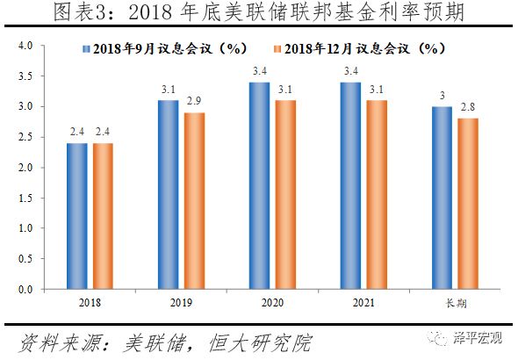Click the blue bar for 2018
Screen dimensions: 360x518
(76, 216)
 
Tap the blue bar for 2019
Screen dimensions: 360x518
(169, 195)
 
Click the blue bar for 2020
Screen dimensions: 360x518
(260, 185)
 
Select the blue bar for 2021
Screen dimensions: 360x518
(351, 185)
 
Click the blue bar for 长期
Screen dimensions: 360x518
(442, 198)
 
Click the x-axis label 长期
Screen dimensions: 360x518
(454, 304)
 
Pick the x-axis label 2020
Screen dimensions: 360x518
(271, 304)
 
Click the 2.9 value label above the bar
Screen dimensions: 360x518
(193, 104)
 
